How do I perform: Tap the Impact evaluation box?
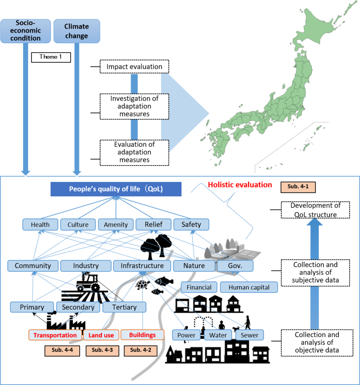pyautogui.click(x=134, y=67)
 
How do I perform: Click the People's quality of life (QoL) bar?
pyautogui.click(x=116, y=189)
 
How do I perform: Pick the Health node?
pyautogui.click(x=40, y=225)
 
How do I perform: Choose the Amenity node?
pyautogui.click(x=116, y=225)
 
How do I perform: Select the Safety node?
pyautogui.click(x=191, y=225)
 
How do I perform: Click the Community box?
pyautogui.click(x=33, y=266)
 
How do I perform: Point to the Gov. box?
pyautogui.click(x=235, y=266)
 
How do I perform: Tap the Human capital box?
pyautogui.click(x=249, y=287)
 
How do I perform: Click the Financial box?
pyautogui.click(x=199, y=287)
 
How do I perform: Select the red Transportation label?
pyautogui.click(x=55, y=335)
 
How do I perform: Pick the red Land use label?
pyautogui.click(x=101, y=335)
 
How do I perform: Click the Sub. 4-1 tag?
pyautogui.click(x=298, y=187)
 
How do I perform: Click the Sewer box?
pyautogui.click(x=250, y=335)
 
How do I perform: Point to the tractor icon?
pyautogui.click(x=87, y=284)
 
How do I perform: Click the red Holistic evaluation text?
pyautogui.click(x=240, y=185)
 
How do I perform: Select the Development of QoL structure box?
pyautogui.click(x=315, y=210)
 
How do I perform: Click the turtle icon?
pyautogui.click(x=142, y=284)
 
